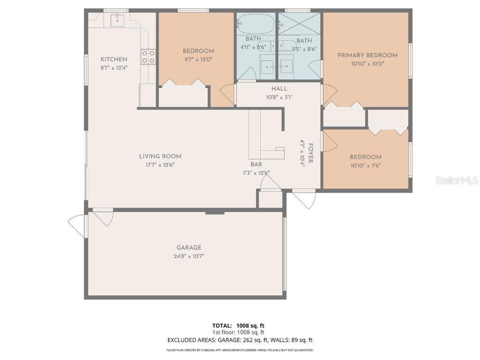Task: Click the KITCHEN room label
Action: [x=114, y=59]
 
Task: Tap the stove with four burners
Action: [x=148, y=57]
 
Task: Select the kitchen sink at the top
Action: [x=117, y=20]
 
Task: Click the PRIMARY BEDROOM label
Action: [x=367, y=55]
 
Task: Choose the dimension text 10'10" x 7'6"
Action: [x=365, y=165]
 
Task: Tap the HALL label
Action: [x=279, y=89]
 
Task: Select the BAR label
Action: [x=256, y=165]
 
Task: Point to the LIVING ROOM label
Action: [x=160, y=156]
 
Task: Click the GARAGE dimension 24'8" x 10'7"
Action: [x=189, y=256]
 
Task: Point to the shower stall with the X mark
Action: [x=300, y=23]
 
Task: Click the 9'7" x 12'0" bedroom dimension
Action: [x=198, y=60]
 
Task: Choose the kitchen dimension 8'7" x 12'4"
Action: [x=114, y=67]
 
